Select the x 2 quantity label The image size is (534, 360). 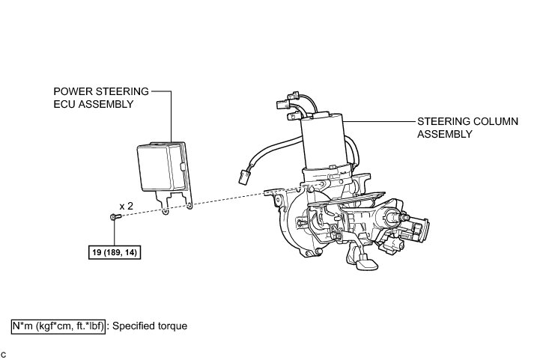click(x=127, y=204)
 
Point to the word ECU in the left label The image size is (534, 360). click(x=65, y=105)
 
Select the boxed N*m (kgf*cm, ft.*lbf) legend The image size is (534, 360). click(x=57, y=326)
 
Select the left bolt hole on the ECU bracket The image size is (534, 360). click(x=164, y=212)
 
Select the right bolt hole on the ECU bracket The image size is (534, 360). click(x=189, y=207)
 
